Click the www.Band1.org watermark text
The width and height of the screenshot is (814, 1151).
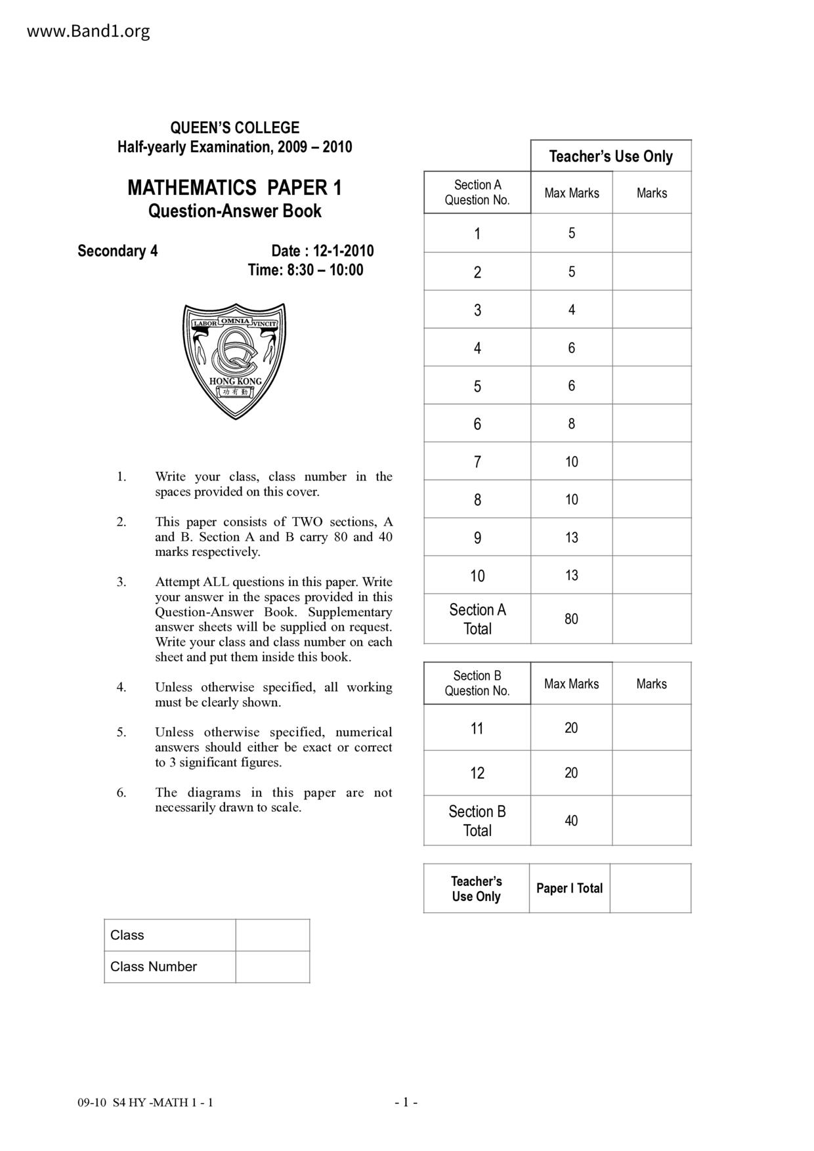(88, 31)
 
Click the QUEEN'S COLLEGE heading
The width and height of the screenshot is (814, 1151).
(234, 128)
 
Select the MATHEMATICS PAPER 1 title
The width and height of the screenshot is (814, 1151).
(234, 188)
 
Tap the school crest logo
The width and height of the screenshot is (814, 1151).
(234, 360)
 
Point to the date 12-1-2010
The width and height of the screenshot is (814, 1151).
(343, 251)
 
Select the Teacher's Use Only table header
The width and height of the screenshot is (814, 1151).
(610, 157)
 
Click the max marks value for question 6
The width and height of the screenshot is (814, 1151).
(571, 424)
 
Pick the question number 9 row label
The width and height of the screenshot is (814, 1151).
(477, 538)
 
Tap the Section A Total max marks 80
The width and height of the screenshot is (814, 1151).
(571, 619)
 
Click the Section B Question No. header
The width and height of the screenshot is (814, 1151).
(477, 683)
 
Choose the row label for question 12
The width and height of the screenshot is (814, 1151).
(477, 773)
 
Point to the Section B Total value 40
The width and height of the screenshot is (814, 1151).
(571, 821)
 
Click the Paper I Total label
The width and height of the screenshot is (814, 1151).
(569, 889)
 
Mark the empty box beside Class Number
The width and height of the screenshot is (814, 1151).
(272, 967)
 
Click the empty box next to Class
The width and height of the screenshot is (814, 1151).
(272, 935)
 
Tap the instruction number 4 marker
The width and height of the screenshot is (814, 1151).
(121, 687)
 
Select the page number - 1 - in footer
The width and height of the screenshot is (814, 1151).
(406, 1102)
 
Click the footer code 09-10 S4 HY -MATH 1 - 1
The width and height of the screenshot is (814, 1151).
(145, 1102)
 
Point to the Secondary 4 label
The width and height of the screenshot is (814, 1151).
(118, 251)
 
